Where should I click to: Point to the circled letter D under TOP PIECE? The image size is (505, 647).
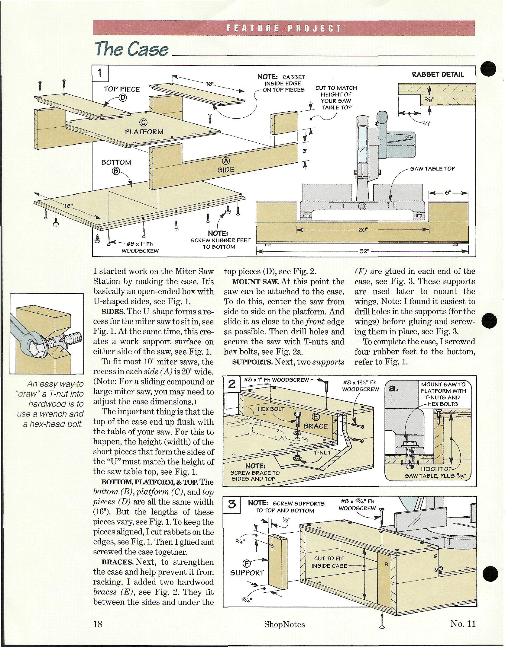[x=123, y=97]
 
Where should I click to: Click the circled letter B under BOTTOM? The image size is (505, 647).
[x=116, y=171]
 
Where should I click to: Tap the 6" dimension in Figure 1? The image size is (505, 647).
[x=448, y=193]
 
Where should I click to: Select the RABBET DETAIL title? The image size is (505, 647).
[x=438, y=75]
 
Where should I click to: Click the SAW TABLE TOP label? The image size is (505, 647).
[x=432, y=169]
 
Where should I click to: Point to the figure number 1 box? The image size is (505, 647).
[x=100, y=73]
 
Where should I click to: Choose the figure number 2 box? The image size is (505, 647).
[x=231, y=384]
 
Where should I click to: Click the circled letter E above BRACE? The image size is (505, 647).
[x=316, y=417]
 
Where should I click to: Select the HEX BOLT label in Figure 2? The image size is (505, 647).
[x=271, y=409]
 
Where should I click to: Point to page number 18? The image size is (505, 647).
[x=98, y=624]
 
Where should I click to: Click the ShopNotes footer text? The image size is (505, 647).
[x=284, y=624]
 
